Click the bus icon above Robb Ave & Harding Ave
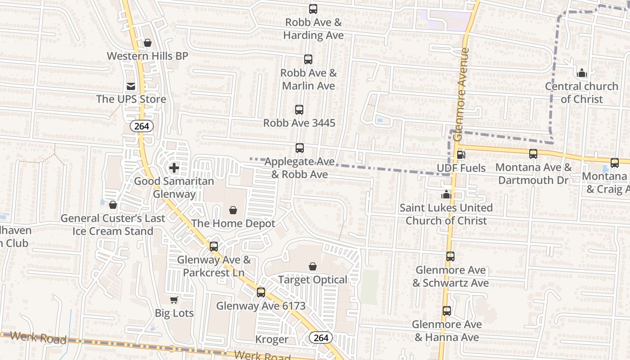point(313,9)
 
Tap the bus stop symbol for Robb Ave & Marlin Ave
point(308,59)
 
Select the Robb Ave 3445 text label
point(299,123)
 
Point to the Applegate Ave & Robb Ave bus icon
point(300,148)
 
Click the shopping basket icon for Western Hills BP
point(148,43)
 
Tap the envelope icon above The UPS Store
point(131,86)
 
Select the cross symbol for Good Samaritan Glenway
point(174,168)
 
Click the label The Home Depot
point(233,223)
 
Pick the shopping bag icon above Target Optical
point(313,266)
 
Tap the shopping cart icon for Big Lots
point(174,300)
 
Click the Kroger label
point(272,339)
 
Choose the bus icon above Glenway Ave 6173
point(261,292)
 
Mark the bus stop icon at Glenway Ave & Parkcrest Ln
point(214,247)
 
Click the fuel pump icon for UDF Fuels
point(461,155)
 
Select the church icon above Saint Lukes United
point(446,194)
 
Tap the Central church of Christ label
point(581,92)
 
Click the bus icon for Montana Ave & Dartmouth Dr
point(533,154)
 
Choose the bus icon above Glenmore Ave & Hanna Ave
point(447,311)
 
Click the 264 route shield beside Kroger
point(321,337)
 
